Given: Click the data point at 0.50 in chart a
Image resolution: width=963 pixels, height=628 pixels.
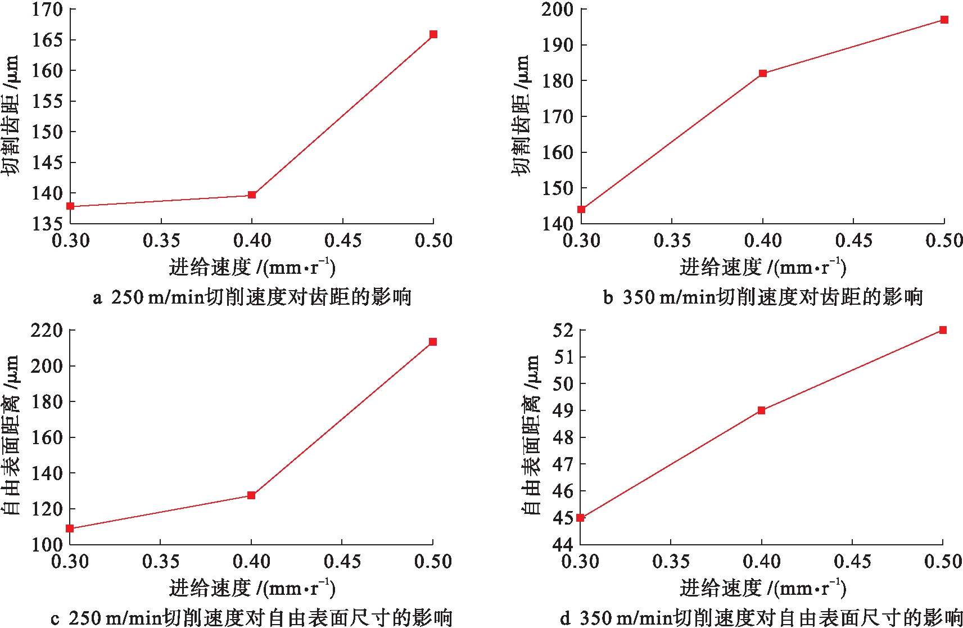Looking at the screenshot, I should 433,34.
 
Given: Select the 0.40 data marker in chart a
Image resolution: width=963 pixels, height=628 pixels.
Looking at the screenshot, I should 252,195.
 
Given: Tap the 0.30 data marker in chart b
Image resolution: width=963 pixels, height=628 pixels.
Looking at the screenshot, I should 581,210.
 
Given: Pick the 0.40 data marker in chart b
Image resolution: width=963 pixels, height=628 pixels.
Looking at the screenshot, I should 763,74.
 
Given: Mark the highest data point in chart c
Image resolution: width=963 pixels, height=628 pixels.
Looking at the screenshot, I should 433,342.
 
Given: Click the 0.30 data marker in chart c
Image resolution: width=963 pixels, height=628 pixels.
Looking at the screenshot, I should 70,528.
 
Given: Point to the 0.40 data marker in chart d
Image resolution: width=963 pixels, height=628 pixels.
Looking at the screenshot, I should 762,410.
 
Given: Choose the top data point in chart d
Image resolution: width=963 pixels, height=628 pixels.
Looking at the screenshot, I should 943,330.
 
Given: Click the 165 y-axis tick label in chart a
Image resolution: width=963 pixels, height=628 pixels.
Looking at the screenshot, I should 47,40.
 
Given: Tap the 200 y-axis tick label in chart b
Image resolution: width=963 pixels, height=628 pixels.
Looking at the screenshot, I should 557,10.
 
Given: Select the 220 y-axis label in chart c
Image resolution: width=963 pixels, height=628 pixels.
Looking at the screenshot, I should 47,330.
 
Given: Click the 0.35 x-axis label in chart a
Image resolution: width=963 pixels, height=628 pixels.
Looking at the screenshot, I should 161,241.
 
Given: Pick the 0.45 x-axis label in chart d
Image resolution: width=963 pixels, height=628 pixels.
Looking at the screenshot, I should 852,562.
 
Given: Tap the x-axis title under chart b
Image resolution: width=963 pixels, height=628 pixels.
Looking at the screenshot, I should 762,267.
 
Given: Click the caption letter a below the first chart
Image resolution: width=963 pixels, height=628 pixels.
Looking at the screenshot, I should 97,297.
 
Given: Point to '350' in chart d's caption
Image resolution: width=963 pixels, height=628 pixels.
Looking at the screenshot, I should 595,618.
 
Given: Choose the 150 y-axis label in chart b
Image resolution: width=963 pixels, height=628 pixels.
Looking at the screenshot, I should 557,188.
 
